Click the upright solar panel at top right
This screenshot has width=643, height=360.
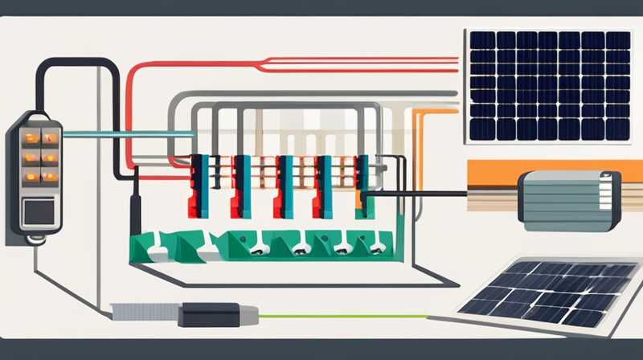tap(551, 85)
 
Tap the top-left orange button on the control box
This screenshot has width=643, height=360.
tap(28, 137)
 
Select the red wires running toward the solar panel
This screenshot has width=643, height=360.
tap(321, 59)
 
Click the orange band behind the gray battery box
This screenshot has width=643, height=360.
tap(498, 170)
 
